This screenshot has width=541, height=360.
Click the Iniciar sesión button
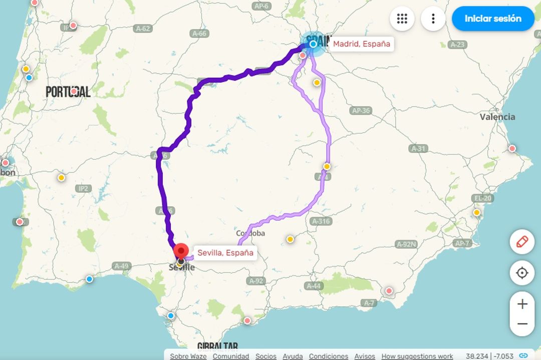pyautogui.click(x=493, y=19)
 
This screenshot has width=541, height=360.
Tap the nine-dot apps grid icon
pyautogui.click(x=402, y=19)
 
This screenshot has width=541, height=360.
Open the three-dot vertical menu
pyautogui.click(x=433, y=19)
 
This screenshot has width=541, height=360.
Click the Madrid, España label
pyautogui.click(x=361, y=44)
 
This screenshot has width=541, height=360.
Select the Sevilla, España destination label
pyautogui.click(x=225, y=253)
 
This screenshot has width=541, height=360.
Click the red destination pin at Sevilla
pyautogui.click(x=180, y=250)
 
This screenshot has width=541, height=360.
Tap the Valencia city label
pyautogui.click(x=497, y=117)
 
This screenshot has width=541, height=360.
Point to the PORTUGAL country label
pyautogui.click(x=68, y=92)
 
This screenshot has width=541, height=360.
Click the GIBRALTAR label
pyautogui.click(x=217, y=346)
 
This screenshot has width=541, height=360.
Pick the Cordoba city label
pyautogui.click(x=250, y=233)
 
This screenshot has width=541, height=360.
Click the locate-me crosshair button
pyautogui.click(x=522, y=273)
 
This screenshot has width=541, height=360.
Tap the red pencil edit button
pyautogui.click(x=522, y=242)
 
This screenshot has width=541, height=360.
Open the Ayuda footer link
pyautogui.click(x=293, y=356)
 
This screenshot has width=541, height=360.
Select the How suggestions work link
pyautogui.click(x=417, y=356)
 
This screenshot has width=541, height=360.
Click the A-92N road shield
pyautogui.click(x=406, y=244)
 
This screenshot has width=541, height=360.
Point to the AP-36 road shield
pyautogui.click(x=361, y=111)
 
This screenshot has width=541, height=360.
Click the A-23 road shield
pyautogui.click(x=457, y=45)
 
